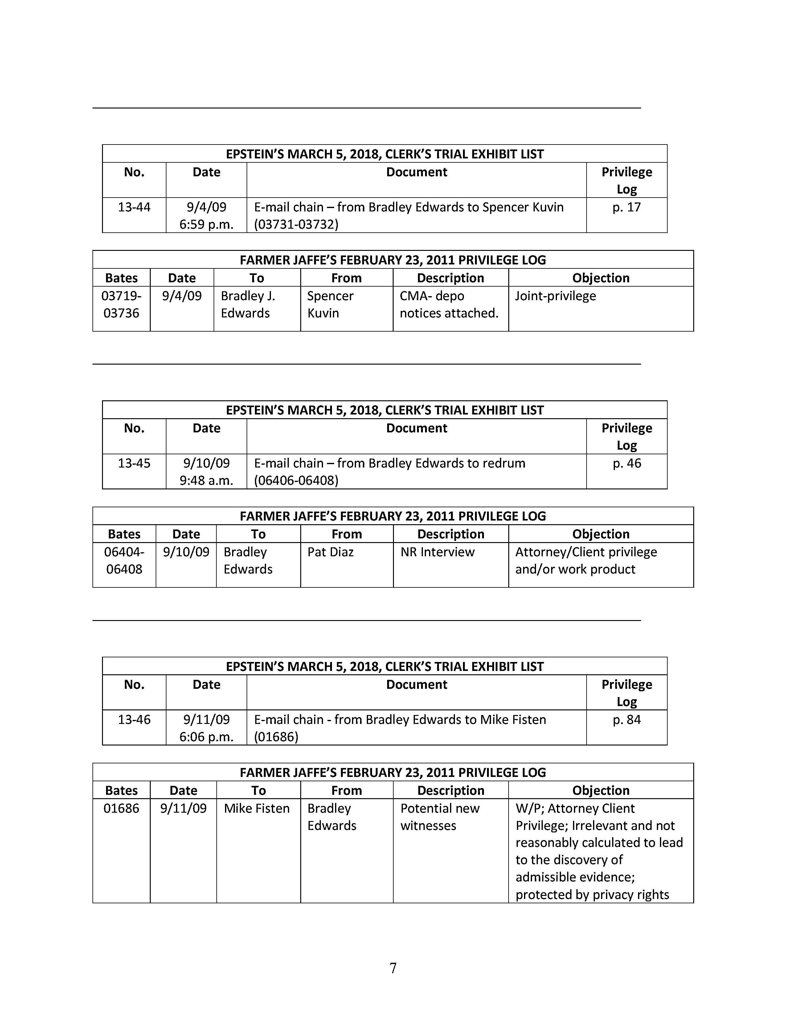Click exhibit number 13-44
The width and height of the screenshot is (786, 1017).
134,207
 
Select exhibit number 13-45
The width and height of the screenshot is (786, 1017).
134,463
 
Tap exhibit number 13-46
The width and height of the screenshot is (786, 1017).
134,719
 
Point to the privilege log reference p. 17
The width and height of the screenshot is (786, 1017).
626,207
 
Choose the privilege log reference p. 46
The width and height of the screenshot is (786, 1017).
626,463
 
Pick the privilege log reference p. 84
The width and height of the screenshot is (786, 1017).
626,719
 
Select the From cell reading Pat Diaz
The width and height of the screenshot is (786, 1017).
330,552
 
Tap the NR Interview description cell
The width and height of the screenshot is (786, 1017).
437,552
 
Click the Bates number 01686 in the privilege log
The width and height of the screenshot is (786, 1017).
121,808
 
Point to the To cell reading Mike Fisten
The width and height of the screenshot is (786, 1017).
256,808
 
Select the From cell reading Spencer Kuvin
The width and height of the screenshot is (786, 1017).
330,304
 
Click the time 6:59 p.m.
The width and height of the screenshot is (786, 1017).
206,224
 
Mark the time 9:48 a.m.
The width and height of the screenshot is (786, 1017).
206,480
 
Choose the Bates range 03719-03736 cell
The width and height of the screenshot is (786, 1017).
121,304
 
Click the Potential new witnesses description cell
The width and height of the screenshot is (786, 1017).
440,817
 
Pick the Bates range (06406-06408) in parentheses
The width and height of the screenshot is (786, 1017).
296,480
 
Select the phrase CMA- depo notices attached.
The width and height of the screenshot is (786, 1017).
449,304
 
